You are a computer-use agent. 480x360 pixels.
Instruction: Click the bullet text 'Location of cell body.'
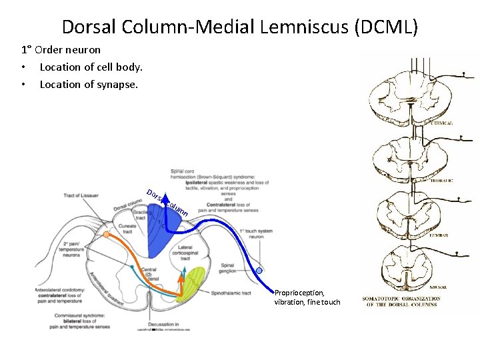(x=91, y=67)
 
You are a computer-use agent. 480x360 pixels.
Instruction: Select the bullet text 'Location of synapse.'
(x=89, y=84)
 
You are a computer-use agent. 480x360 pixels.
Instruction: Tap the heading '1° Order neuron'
(x=61, y=50)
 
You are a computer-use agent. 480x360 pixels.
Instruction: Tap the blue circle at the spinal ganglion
(x=259, y=271)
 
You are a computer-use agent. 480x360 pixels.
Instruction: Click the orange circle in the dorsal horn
(x=106, y=235)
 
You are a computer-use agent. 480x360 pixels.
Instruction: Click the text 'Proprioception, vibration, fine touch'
(x=307, y=297)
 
